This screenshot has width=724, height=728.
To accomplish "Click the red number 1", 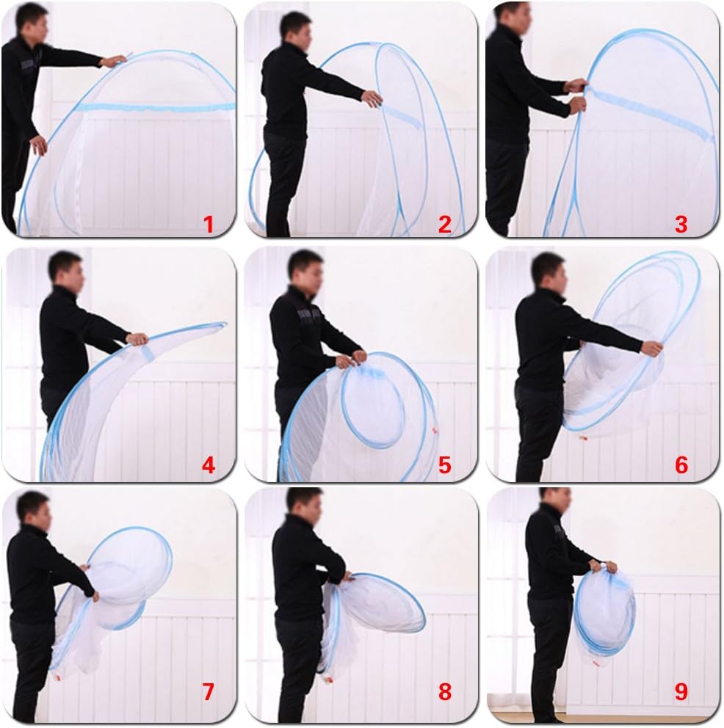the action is coord(208,225).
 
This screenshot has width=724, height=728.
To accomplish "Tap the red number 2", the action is coord(444,225).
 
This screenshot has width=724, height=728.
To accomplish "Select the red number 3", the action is coord(681,225).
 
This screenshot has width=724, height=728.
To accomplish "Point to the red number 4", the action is coord(208,465).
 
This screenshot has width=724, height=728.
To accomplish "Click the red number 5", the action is coord(444,465).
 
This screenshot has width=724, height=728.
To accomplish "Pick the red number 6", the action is coord(681,465).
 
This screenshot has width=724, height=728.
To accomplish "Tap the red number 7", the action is coord(208,692).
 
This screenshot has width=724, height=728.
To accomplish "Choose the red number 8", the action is coord(444,692).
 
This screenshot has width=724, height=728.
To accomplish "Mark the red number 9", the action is coord(681,692).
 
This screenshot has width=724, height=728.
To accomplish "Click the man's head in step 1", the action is coord(32,21).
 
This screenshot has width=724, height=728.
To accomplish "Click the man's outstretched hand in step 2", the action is coord(372,98).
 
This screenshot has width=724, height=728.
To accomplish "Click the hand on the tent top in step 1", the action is coord(114,61).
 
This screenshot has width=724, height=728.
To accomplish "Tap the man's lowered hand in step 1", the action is coord(39,145).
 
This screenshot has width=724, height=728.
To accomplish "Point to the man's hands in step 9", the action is coord(603,567).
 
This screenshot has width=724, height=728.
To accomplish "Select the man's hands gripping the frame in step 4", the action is coord(137,339).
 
